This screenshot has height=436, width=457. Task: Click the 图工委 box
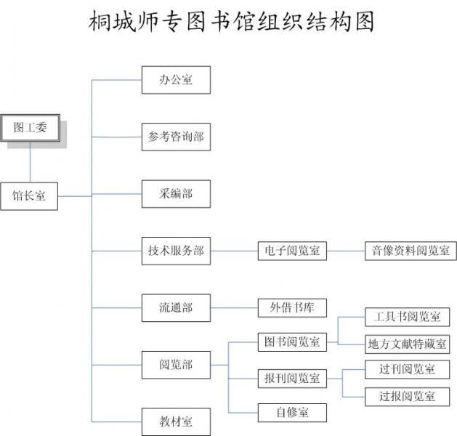[x=31, y=128]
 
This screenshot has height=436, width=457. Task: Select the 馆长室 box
[x=29, y=195]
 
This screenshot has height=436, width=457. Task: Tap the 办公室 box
[x=176, y=80]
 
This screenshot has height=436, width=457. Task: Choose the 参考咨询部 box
[x=176, y=137]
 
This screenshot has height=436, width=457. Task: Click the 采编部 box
[x=176, y=194]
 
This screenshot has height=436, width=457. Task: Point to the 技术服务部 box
[x=176, y=251]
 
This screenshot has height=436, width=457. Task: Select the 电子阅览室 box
[x=292, y=251]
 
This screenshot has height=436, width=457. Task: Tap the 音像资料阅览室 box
[x=411, y=251]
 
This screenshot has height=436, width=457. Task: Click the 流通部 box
[x=176, y=307]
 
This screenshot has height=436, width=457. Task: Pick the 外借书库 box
[x=292, y=307]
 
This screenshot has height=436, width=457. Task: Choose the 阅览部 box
[x=176, y=365]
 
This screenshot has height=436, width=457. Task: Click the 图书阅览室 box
[x=292, y=342]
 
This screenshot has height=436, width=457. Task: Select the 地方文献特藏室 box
[x=407, y=343]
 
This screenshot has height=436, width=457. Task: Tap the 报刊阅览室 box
[x=292, y=379]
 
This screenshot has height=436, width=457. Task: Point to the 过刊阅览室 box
[x=407, y=369]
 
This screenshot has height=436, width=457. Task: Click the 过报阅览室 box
[x=407, y=396]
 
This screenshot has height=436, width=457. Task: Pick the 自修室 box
[x=292, y=412]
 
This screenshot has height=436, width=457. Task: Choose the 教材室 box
[x=176, y=421]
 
